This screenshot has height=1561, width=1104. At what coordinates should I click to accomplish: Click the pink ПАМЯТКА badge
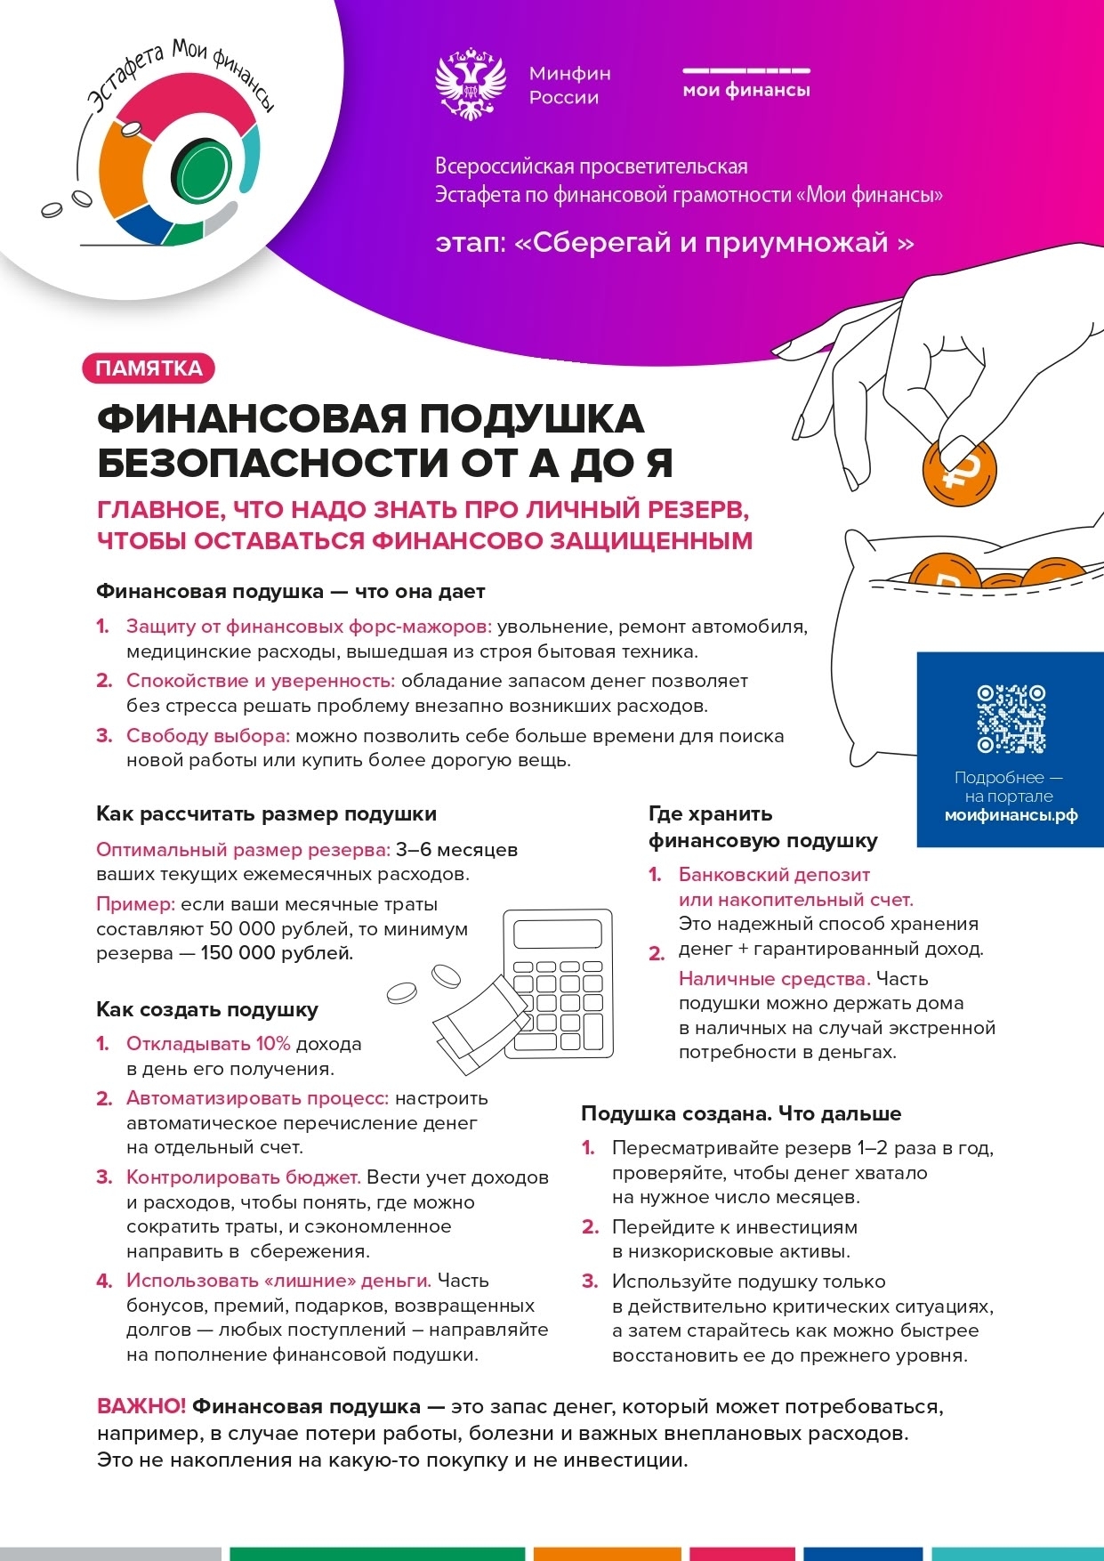149,368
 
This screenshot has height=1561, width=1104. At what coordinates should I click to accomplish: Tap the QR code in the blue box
1011,719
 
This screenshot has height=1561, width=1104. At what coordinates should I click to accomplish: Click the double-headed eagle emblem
471,85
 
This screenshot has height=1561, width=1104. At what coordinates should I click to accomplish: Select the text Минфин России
569,85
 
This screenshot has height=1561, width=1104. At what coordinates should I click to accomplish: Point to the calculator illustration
559,983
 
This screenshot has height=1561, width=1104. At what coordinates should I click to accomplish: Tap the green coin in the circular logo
200,169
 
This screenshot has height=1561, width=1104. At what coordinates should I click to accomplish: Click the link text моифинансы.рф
1011,815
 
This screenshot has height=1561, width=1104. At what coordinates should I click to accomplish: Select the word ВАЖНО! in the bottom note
141,1406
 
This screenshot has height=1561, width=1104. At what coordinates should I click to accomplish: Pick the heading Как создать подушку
207,1009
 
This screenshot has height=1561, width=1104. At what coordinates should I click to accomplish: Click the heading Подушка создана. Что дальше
741,1113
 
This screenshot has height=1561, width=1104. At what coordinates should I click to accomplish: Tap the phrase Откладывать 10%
208,1043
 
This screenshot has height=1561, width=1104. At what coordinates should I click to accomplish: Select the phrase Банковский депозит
774,874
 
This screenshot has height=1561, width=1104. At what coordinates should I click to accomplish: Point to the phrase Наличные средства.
774,979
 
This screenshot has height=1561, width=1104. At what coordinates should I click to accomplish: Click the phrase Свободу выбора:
208,736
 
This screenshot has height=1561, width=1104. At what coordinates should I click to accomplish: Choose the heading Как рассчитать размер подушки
266,813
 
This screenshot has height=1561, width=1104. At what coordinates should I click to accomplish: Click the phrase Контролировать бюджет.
243,1177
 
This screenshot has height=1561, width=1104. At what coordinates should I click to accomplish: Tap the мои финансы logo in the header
746,83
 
